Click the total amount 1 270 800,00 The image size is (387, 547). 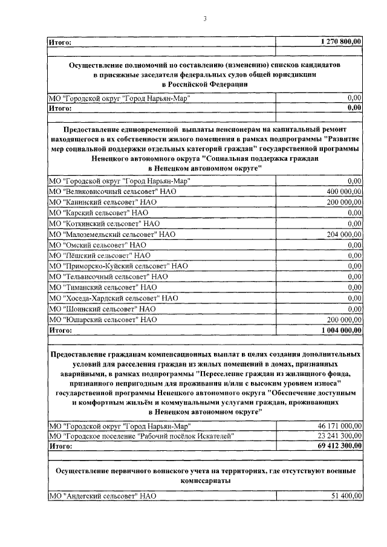point(341,42)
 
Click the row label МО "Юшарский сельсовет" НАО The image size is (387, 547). point(103,319)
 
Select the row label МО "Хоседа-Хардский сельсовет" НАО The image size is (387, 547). point(113,298)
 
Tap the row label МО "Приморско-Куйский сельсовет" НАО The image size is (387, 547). point(118,266)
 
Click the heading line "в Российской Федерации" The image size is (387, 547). point(205,84)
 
